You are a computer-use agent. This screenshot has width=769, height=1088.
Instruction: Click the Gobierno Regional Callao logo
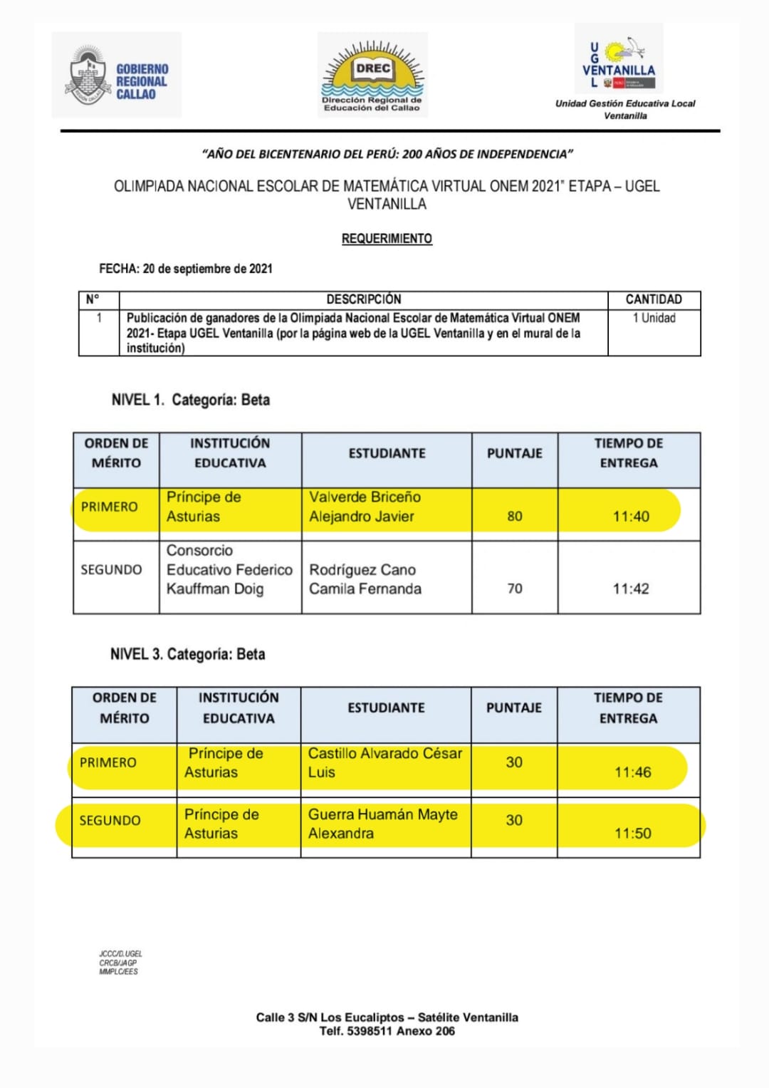[117, 76]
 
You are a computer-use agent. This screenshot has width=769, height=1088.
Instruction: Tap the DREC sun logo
[372, 75]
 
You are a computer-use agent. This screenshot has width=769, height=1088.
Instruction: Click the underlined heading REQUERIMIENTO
[387, 239]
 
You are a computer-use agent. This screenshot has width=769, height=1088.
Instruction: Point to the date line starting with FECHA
[186, 269]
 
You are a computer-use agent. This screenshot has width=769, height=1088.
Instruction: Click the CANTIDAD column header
[654, 299]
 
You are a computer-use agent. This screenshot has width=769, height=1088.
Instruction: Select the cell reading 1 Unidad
[654, 318]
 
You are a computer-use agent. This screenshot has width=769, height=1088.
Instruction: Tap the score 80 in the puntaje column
[515, 516]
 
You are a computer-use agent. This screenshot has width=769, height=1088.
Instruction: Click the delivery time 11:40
[631, 517]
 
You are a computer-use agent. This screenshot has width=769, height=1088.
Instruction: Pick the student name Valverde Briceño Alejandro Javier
[365, 507]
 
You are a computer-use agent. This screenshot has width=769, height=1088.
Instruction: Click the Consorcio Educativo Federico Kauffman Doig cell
[229, 569]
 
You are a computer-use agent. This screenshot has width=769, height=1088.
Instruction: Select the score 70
[515, 589]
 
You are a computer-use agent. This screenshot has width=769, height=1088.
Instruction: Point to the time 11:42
[631, 589]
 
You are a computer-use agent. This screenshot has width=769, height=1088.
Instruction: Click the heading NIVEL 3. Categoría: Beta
[187, 654]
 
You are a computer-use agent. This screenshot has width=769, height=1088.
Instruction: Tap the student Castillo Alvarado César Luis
[384, 762]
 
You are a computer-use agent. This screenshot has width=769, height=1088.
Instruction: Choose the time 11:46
[632, 772]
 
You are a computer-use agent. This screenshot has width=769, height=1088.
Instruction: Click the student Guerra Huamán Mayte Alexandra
[382, 824]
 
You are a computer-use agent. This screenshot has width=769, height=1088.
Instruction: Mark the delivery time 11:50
[632, 834]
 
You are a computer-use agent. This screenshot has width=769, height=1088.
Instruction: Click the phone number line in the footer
[387, 1031]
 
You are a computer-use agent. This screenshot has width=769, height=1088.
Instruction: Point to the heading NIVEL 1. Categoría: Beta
[190, 400]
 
